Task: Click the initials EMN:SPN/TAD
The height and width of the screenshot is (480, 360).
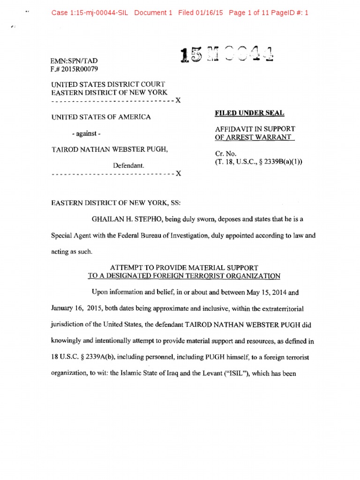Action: click(74, 61)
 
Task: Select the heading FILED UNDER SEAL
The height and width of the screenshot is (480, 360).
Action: click(249, 113)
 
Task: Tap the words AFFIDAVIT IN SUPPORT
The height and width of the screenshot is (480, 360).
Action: click(255, 128)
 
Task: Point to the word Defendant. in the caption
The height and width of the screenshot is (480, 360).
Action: click(128, 165)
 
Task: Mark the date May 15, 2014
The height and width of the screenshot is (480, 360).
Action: click(257, 292)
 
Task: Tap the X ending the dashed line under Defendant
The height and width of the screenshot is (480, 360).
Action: click(178, 174)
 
